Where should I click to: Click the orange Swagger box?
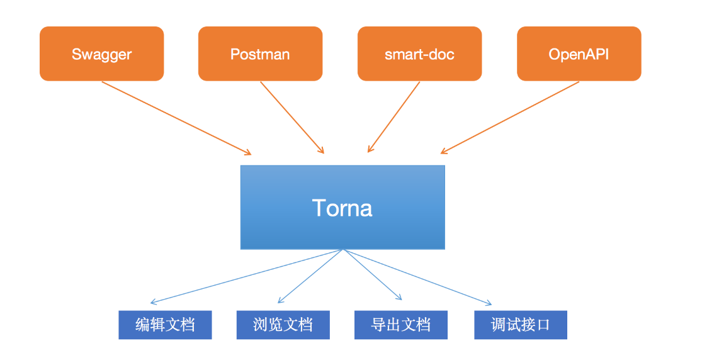[102, 53]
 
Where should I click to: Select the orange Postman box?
[260, 53]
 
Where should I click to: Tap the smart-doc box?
[419, 53]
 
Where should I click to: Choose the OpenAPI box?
[579, 53]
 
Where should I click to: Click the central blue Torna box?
[343, 207]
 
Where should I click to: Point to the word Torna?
[342, 208]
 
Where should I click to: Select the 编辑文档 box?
[165, 325]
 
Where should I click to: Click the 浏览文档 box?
[283, 325]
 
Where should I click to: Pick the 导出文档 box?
[401, 325]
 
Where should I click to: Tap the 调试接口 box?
[521, 325]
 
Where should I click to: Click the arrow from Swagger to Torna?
[176, 118]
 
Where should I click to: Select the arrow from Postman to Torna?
[292, 118]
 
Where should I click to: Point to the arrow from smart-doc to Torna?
[393, 117]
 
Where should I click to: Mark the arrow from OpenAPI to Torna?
[510, 118]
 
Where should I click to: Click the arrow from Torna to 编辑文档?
[246, 276]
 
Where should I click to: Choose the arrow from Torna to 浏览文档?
[310, 276]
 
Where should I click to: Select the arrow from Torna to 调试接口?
[417, 276]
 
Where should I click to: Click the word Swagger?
[102, 55]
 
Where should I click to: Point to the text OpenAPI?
[579, 54]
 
